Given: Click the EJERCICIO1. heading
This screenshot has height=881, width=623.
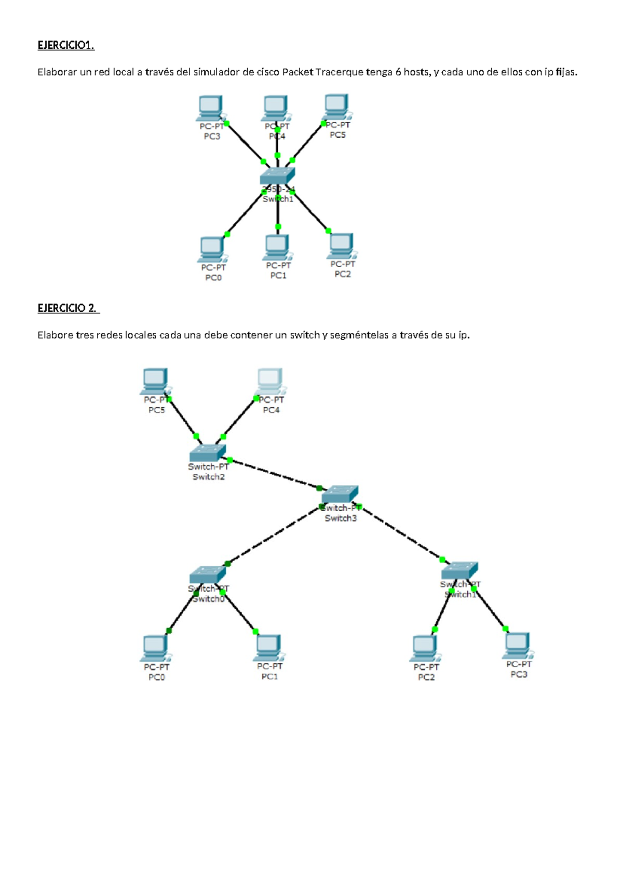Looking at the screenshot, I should tap(65, 45).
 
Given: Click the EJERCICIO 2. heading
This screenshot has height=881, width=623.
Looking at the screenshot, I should tap(67, 308).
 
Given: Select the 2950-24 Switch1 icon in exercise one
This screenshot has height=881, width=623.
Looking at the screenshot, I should tap(277, 176).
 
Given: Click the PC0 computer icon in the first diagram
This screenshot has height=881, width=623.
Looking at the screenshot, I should tap(212, 249).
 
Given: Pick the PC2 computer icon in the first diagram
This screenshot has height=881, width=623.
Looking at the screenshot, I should tap(341, 246).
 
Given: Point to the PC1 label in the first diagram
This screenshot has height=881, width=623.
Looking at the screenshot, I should tap(278, 276).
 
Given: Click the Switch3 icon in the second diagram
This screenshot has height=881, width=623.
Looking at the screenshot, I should tap(340, 494).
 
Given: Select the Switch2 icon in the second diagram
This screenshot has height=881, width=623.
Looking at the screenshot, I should tap(208, 452).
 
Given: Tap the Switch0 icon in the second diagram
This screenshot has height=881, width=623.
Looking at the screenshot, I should tap(207, 574).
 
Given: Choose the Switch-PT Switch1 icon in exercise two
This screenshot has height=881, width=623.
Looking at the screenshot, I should tap(459, 570).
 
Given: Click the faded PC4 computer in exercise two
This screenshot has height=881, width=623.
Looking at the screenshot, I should tap(270, 381).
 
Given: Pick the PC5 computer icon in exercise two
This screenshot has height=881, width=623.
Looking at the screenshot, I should tap(155, 381).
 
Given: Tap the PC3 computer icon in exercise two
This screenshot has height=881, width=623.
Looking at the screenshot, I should tap(517, 646).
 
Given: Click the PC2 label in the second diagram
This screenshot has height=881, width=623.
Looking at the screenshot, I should tap(426, 677).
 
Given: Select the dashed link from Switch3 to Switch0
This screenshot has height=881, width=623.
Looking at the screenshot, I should tap(274, 536).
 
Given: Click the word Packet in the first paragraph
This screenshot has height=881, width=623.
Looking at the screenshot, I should tap(297, 72).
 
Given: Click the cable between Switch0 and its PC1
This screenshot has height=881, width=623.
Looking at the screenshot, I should tap(241, 614).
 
